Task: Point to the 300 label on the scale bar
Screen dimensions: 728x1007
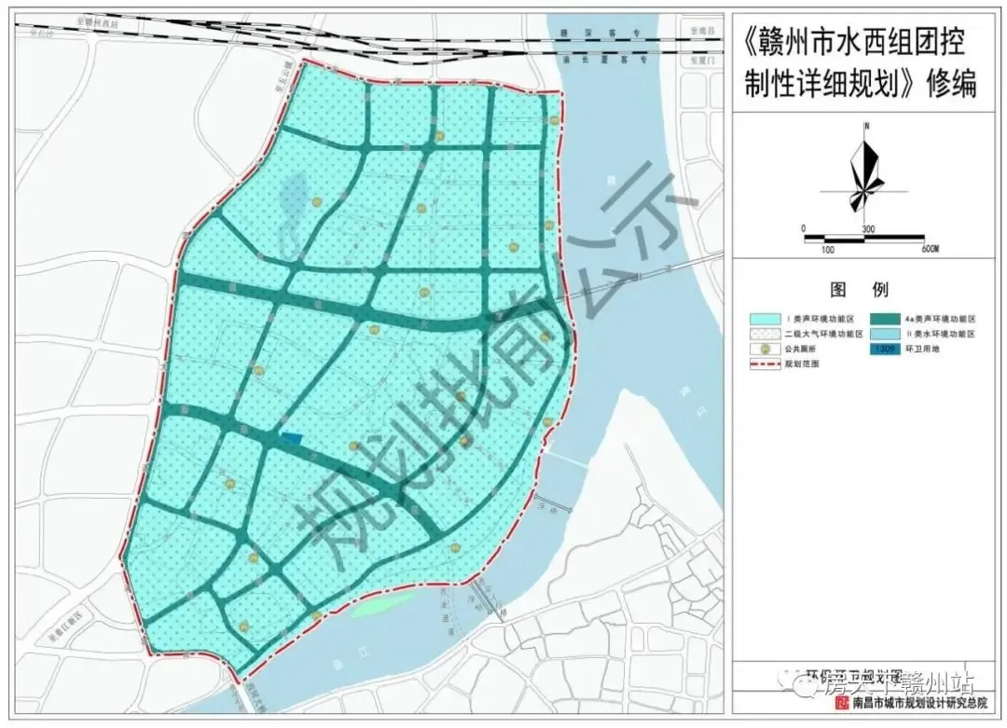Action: (x=867, y=228)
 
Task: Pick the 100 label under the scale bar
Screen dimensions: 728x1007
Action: (x=827, y=249)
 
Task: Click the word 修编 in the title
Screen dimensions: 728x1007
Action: (x=951, y=86)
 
